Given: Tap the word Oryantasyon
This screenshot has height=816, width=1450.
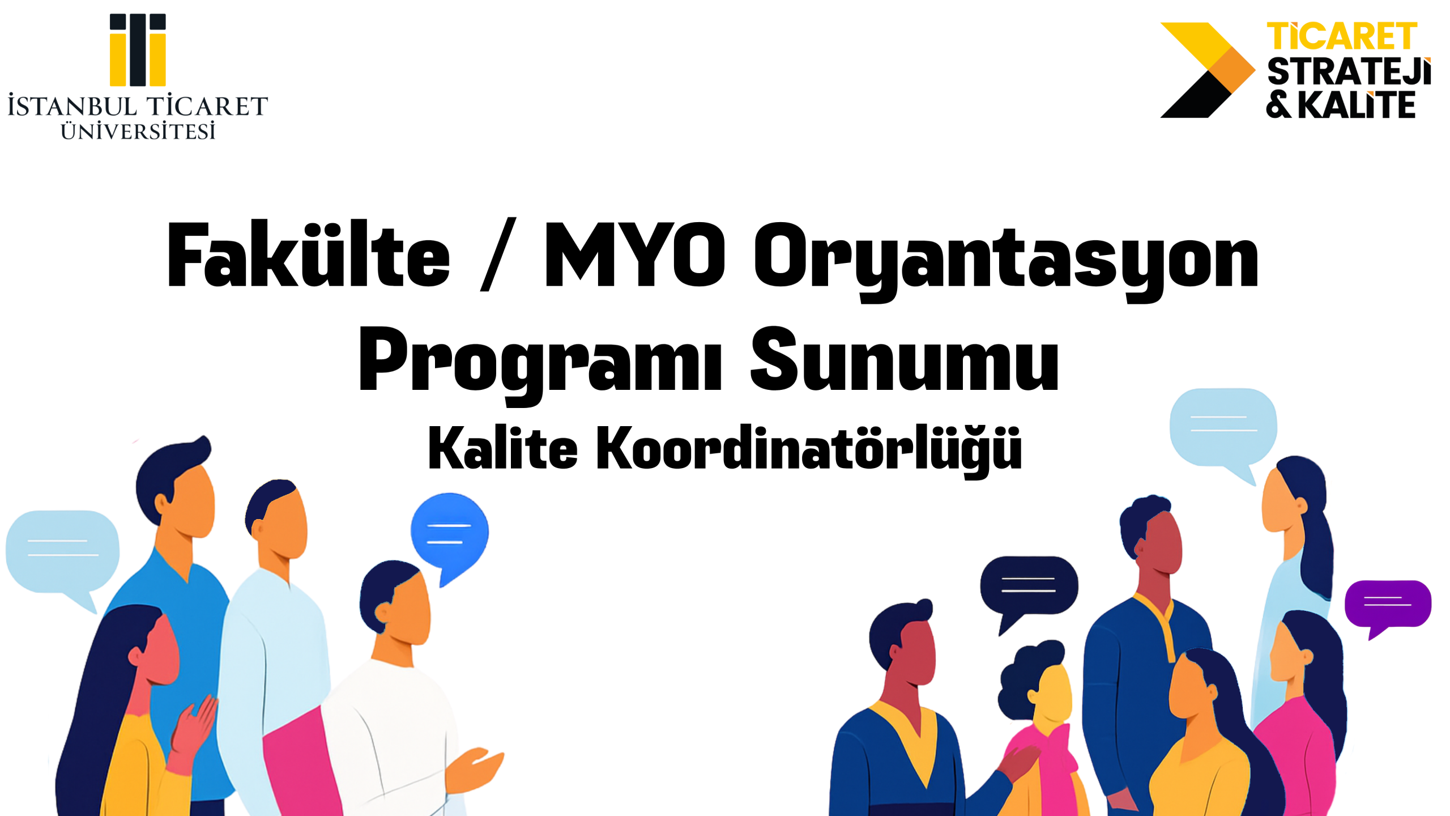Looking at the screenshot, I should pos(1005,258).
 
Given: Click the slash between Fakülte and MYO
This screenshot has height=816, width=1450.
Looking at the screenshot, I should pos(498,255).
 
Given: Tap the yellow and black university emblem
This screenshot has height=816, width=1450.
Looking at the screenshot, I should pos(138,50).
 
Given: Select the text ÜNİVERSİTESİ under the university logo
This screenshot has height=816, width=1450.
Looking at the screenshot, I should pos(138,131).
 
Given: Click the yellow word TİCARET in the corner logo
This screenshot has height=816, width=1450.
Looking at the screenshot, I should pos(1341,37).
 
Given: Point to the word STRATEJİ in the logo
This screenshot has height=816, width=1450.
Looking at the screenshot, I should pos(1348,72).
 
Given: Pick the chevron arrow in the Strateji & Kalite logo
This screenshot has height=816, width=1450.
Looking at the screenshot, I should pos(1206,70).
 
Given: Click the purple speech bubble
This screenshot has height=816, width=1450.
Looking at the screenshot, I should pos(1388,605).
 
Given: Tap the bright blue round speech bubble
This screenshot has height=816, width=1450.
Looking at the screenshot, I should pos(449,533).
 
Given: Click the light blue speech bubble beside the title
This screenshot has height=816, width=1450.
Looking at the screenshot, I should pos(1223,426).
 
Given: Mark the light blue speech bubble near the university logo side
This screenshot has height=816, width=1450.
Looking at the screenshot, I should pos(62,551).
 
